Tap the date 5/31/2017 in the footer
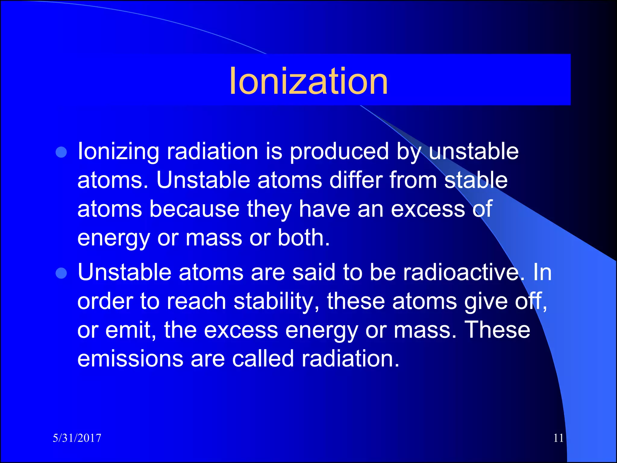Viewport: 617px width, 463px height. point(77,438)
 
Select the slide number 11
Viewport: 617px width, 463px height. point(558,438)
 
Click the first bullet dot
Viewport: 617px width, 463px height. point(61,153)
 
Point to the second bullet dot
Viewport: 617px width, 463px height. point(61,273)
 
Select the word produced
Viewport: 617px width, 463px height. point(339,151)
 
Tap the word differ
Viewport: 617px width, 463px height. point(355,180)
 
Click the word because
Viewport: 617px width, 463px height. point(194,209)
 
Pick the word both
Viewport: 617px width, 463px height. point(303,238)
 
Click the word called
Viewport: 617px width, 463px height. point(263,359)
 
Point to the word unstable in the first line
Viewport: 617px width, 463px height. point(474,151)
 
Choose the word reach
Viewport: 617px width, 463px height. point(196,301)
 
